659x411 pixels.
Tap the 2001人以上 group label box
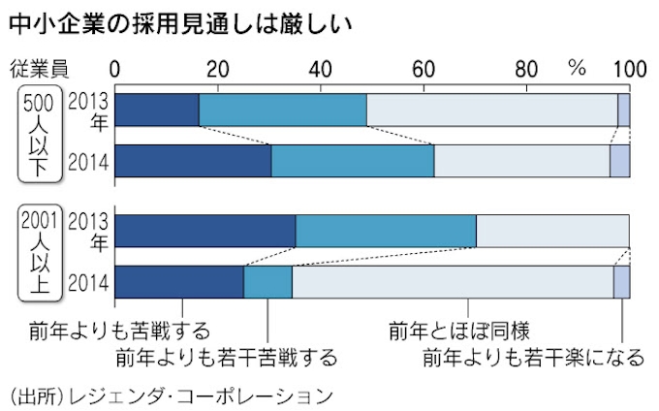[x=40, y=251]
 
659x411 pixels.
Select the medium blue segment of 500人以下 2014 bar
[x=353, y=160]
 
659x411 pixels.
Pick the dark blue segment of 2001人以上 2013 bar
[x=205, y=232]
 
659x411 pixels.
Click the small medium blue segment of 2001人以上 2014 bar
[x=267, y=281]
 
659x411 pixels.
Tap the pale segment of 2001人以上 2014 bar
[x=453, y=281]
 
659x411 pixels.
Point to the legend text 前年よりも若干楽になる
[x=533, y=358]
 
